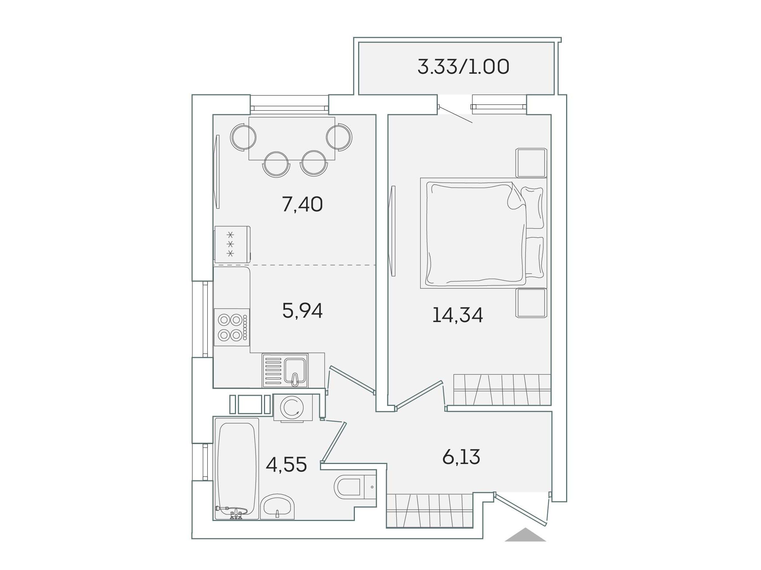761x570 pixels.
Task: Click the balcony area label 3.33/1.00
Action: coord(463,67)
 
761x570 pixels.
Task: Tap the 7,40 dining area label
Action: coord(302,204)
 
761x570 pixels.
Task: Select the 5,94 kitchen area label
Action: coord(302,311)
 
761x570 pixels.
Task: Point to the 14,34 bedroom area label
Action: coord(457,315)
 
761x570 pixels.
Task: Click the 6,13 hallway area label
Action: coord(461,457)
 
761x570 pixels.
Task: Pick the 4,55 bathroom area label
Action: coord(286,464)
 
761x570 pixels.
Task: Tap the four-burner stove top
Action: coord(232,327)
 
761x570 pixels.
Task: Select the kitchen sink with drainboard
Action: coord(285,370)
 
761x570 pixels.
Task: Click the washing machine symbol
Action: coord(293,408)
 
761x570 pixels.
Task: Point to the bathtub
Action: coord(237,469)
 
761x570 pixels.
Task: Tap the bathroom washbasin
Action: coord(277,506)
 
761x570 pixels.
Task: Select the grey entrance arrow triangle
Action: coord(525,535)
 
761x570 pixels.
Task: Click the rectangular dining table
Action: coord(292,138)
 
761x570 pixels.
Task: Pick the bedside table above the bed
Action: coord(531,163)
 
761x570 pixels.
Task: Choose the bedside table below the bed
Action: coord(531,303)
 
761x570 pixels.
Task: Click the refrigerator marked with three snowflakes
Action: coord(232,244)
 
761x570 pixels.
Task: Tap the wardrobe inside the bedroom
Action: coord(502,390)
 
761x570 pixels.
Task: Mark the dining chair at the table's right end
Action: coord(339,137)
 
